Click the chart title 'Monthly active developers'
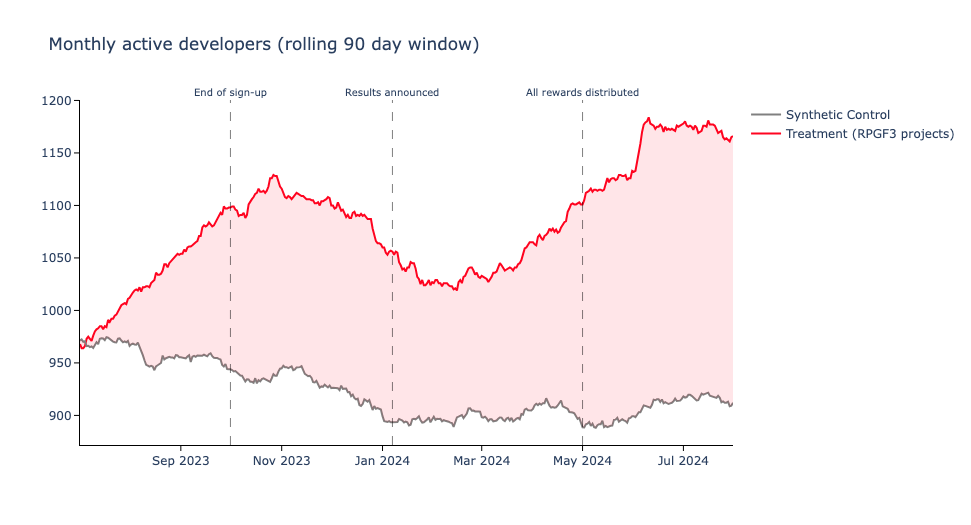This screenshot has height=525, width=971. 264,45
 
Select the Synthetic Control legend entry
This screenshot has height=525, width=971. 837,115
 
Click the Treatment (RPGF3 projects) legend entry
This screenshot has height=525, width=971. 869,134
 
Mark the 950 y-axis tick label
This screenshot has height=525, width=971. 59,363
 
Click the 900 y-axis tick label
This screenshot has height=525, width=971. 59,416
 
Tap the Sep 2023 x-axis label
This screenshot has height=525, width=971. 181,461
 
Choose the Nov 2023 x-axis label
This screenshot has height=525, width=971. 281,461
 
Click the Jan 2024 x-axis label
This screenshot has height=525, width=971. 382,461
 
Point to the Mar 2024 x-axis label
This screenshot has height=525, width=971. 481,461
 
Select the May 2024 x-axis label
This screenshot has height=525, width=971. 582,461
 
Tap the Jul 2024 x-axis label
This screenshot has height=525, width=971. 683,461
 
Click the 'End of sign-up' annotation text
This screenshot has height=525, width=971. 230,93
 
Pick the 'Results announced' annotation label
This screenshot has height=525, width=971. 392,93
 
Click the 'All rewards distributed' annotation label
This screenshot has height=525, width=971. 582,93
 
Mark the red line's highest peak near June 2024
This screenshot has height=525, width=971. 649,118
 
